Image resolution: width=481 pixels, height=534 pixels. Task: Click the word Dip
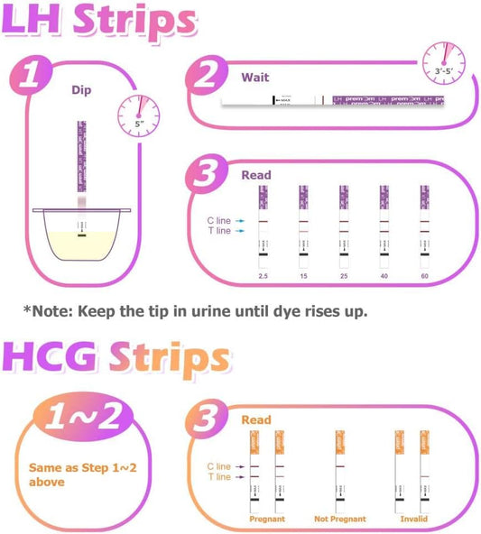pos(83,89)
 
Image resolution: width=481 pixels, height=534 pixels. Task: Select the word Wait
pos(254,77)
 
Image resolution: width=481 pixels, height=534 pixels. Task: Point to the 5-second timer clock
pos(137,114)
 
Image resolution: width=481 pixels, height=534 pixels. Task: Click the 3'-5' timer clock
pos(443,61)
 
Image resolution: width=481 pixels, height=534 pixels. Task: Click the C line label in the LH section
pos(218,219)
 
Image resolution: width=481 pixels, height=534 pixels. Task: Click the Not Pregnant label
pos(340,520)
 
